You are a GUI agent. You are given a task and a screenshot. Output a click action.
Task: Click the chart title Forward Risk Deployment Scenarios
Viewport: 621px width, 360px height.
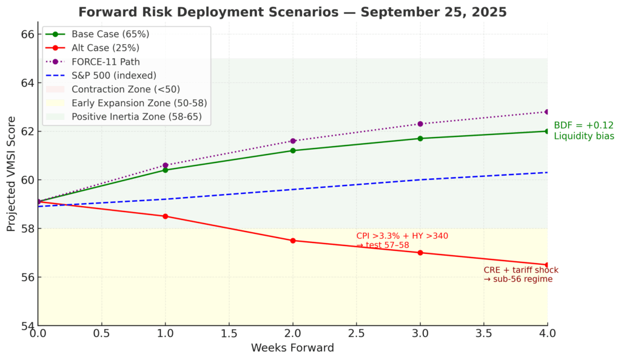click(x=293, y=12)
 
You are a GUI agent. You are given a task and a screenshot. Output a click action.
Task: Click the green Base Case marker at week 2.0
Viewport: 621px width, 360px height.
click(x=293, y=150)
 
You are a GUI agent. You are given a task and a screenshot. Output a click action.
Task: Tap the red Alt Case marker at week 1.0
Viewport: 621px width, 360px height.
click(x=166, y=216)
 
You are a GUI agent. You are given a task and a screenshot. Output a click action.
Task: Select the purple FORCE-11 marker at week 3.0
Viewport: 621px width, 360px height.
click(x=420, y=124)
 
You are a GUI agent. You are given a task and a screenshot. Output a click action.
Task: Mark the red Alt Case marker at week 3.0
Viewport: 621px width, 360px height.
click(x=420, y=253)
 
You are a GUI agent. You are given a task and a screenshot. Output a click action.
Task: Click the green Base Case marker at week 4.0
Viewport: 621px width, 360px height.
click(x=547, y=131)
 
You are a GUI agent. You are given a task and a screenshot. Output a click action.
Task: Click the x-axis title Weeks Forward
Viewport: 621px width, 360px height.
click(x=293, y=348)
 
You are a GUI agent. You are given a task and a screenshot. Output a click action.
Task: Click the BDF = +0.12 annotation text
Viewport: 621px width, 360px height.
click(x=583, y=125)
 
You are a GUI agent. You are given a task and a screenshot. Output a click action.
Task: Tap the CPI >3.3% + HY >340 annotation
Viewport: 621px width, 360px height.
click(x=402, y=236)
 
